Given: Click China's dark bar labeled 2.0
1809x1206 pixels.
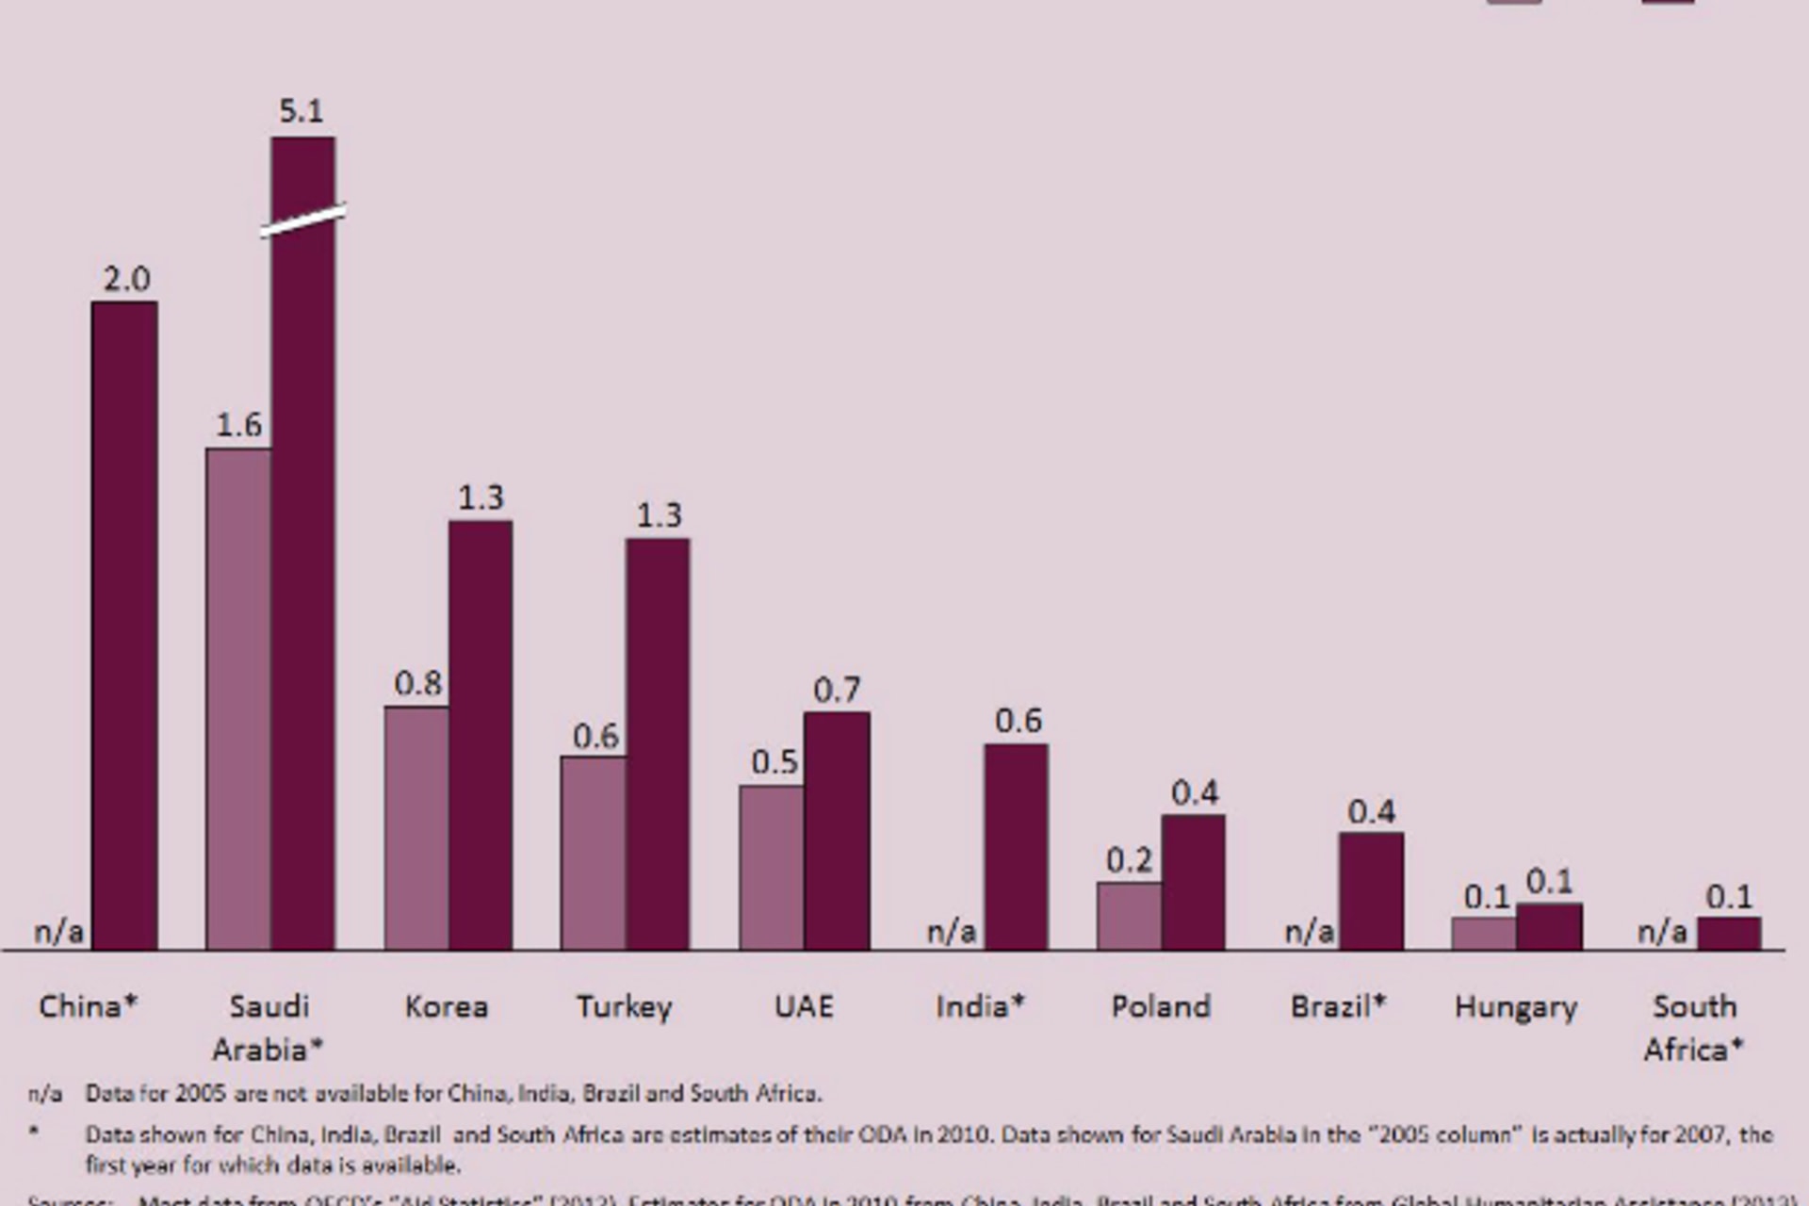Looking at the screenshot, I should pos(124,626).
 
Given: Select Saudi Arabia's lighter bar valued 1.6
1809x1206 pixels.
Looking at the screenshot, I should pos(238,698).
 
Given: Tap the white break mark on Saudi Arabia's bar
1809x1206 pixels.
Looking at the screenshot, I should pos(303,220).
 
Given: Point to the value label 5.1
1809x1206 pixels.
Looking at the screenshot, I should pos(301,111).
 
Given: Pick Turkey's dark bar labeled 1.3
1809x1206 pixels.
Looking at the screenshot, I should pos(658,743).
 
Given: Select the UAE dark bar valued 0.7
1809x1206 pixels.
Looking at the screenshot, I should pos(837,830).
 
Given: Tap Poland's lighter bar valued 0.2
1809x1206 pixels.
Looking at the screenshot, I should pos(1129,915).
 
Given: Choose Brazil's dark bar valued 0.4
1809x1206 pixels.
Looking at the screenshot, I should pos(1371,890).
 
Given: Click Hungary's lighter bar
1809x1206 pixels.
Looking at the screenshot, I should pos(1484,933).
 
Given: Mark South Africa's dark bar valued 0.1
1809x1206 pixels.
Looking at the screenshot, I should pos(1729,933).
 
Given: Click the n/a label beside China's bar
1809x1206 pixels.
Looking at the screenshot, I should pos(59,932).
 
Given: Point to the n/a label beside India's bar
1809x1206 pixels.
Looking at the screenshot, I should pos(952,932).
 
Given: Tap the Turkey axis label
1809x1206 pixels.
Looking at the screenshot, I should pos(624,1007).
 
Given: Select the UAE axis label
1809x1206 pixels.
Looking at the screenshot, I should pos(804,1006).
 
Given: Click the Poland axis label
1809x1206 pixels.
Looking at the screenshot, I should pos(1161,1006).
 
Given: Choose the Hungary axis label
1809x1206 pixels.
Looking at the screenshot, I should pos(1515,1007).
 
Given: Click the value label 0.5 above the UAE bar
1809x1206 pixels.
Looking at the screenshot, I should pos(774,761).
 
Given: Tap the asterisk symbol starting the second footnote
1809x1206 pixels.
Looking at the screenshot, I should pos(35,1132).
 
